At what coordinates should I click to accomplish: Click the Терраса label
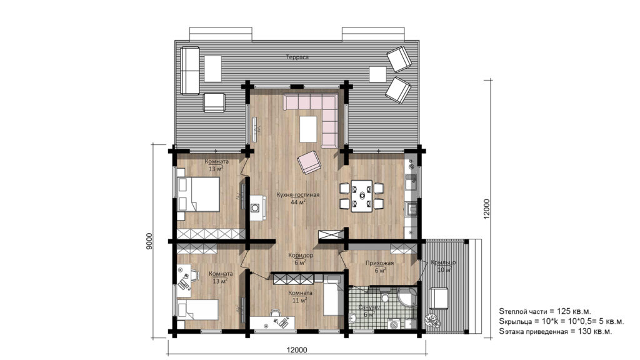coord(297,57)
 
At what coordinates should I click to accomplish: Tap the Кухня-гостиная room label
coord(297,198)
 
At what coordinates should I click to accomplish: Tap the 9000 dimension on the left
coord(149,241)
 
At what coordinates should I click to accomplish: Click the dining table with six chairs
coord(361,196)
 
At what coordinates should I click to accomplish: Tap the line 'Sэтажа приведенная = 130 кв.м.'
coord(555,332)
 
